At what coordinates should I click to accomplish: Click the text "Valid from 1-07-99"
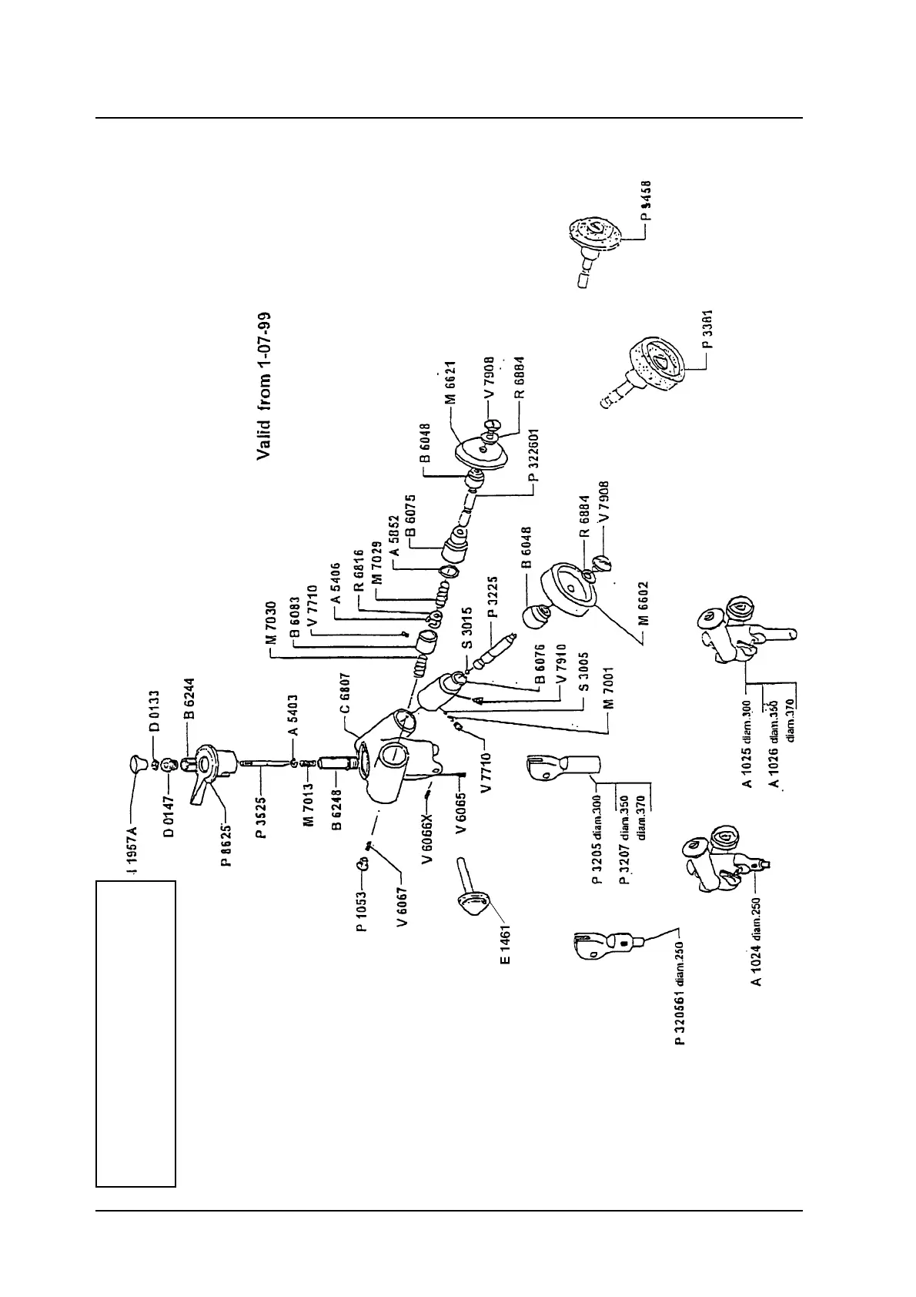point(264,386)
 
